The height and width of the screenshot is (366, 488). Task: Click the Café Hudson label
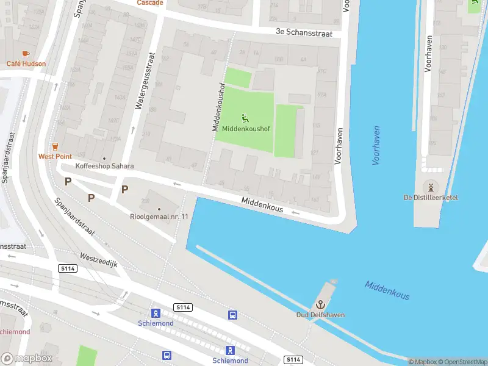point(26,63)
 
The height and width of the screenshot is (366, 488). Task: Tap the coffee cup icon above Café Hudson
point(26,54)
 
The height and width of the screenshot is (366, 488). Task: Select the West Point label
point(55,156)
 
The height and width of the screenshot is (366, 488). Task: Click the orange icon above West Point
point(55,146)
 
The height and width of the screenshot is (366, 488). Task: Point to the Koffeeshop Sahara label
point(104,166)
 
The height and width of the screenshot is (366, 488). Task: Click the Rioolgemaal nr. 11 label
point(159,217)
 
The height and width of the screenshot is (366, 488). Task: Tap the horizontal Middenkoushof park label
point(245,129)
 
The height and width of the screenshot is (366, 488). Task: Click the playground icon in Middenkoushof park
point(245,118)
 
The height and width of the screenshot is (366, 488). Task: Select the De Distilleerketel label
point(431,197)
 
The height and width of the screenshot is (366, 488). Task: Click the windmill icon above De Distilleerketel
point(431,186)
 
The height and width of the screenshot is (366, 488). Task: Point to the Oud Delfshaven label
point(320,315)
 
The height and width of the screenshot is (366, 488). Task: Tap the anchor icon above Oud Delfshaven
point(320,304)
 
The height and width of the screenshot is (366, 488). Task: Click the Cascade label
point(150,3)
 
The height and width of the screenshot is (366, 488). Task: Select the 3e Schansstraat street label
point(304,33)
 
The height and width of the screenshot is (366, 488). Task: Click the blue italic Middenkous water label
point(387,290)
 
